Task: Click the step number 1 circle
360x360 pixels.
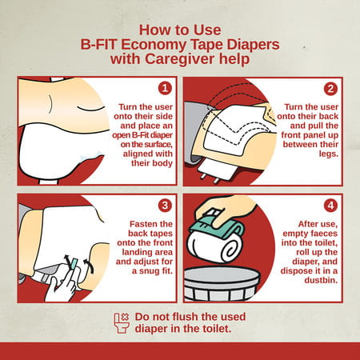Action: (x=165, y=88)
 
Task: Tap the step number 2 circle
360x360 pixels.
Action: (x=330, y=89)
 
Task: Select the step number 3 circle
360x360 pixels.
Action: (x=165, y=206)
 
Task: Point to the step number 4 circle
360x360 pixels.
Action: (x=330, y=206)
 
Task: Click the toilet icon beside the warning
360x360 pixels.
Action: (x=122, y=323)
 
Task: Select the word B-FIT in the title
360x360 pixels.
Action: (x=98, y=45)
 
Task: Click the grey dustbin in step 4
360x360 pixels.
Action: (x=222, y=284)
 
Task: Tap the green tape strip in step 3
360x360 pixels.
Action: (x=74, y=263)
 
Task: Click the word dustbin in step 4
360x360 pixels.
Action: (x=321, y=280)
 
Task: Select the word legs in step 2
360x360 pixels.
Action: (x=328, y=154)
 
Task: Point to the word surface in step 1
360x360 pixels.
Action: (x=155, y=145)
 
